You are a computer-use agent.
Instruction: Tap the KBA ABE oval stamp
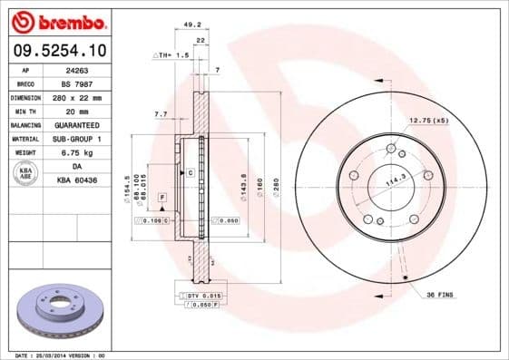click(25, 172)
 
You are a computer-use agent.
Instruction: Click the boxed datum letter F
click(162, 196)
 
